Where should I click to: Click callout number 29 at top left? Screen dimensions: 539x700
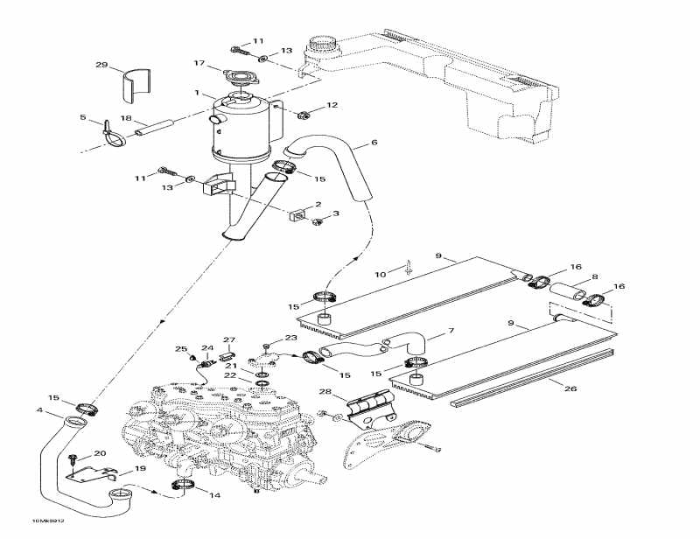101,66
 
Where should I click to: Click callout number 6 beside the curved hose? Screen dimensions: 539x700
374,142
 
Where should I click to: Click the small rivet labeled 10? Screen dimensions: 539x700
409,269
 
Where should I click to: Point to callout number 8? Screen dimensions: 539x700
595,276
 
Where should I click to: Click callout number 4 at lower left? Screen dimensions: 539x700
39,409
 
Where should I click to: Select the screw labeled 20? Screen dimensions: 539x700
75,458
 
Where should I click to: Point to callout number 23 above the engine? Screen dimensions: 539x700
291,338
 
